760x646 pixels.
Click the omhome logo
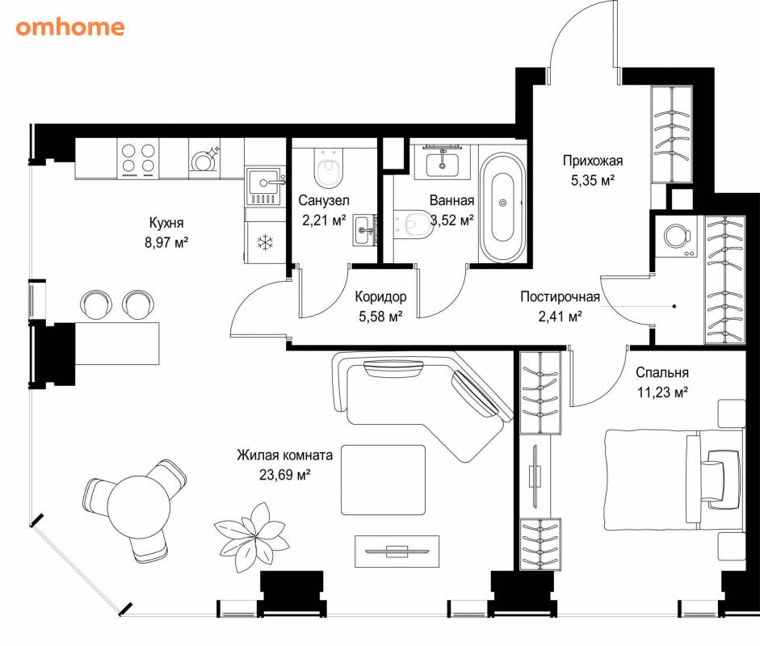[x=69, y=27]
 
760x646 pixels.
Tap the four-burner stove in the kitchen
[x=138, y=158]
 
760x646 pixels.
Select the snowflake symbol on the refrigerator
[x=265, y=243]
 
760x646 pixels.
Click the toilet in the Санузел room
[x=328, y=167]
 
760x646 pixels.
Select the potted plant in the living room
[x=251, y=537]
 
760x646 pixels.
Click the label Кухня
[x=166, y=223]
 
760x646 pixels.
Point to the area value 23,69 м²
[x=284, y=475]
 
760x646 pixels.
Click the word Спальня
[x=662, y=372]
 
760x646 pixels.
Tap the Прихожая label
[x=592, y=161]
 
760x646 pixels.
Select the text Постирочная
[x=560, y=296]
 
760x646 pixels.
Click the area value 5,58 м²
[x=380, y=317]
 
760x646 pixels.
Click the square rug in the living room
[x=384, y=480]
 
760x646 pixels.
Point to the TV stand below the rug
[x=397, y=552]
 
